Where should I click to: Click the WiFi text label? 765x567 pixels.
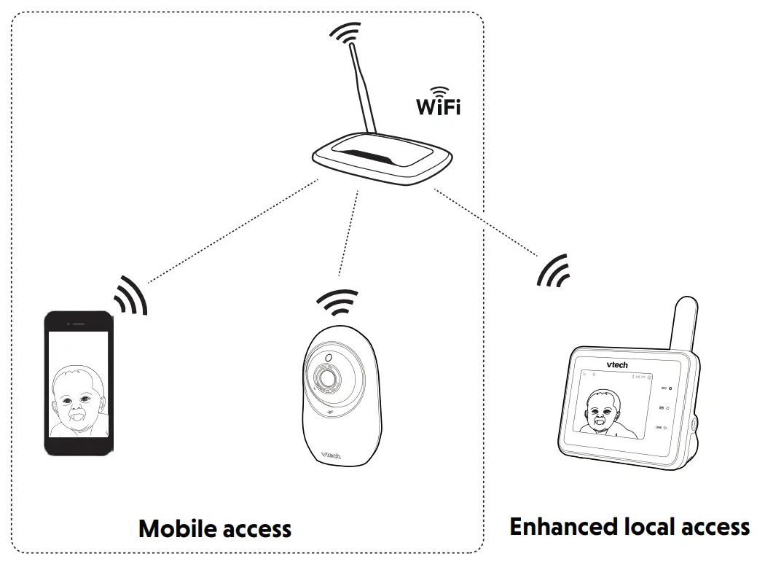(x=438, y=106)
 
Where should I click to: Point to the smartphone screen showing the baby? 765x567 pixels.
(x=78, y=384)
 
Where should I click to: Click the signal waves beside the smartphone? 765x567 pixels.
(x=131, y=295)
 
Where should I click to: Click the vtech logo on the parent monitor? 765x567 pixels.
(x=616, y=364)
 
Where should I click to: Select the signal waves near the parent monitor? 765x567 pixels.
(x=552, y=271)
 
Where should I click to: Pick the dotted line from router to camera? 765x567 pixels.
(x=349, y=233)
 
